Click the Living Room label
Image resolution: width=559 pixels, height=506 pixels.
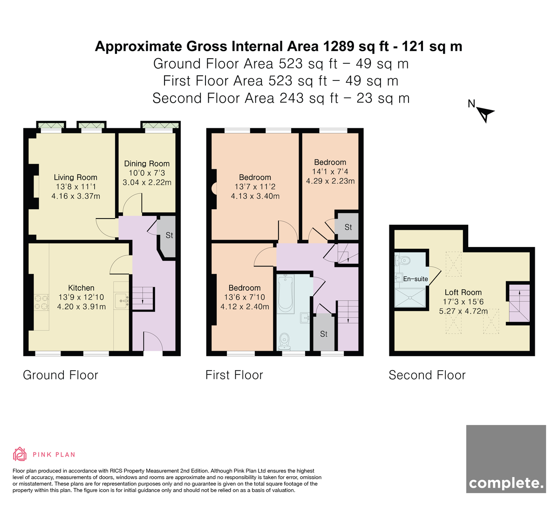(75, 177)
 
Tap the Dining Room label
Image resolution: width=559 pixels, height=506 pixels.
(147, 164)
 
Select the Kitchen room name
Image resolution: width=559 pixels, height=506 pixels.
(81, 288)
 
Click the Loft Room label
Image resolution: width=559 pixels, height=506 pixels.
(463, 292)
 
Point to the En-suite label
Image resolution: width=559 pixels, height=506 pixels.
(416, 279)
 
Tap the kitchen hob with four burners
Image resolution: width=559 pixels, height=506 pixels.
(41, 303)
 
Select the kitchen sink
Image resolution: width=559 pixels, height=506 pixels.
(122, 301)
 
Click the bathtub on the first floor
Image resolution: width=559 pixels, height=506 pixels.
(285, 294)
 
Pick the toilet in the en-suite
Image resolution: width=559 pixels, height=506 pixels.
(402, 260)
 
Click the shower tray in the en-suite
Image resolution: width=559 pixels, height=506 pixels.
(410, 298)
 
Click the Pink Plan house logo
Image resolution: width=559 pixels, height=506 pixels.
(20, 454)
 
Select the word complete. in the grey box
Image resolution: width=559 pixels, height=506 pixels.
(506, 483)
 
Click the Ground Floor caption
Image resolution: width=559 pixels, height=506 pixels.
(61, 375)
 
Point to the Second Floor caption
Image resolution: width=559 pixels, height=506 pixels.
(427, 375)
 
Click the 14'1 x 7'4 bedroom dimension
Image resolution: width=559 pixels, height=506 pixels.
(330, 172)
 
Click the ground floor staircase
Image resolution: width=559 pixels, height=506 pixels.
(143, 299)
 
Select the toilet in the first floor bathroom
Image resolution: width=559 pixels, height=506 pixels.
(285, 342)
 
